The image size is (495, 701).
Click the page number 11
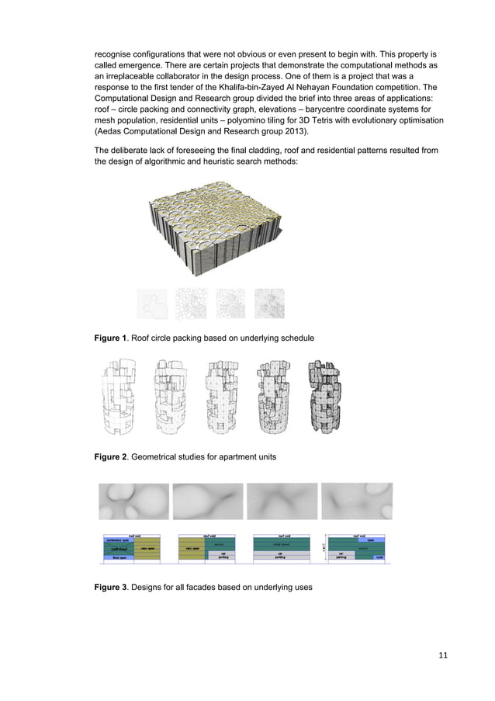pos(443,656)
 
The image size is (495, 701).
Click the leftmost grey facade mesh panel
pos(134,501)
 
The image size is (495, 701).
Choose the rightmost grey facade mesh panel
pos(357,501)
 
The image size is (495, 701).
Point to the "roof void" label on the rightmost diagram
pos(360,535)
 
